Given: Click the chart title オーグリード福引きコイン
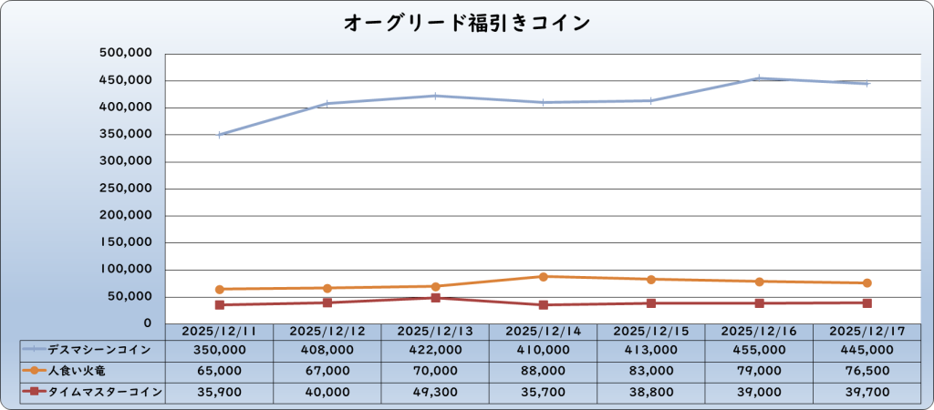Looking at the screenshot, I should (x=466, y=23).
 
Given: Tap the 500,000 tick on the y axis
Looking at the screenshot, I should (x=124, y=53).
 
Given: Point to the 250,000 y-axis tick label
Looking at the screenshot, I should (x=124, y=189).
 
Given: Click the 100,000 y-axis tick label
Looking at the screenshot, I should (x=124, y=270).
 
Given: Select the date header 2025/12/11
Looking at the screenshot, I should (x=219, y=331).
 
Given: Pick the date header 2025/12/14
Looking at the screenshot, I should (x=543, y=331).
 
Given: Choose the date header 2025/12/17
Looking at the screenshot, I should (x=867, y=331).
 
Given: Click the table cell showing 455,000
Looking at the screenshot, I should (x=759, y=349).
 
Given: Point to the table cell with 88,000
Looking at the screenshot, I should (x=543, y=371).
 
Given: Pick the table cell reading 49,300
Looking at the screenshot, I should (x=435, y=392).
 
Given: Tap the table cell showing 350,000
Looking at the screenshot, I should (x=219, y=349).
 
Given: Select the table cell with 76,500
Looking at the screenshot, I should (x=867, y=371).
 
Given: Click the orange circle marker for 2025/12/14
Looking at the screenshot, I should (x=543, y=276).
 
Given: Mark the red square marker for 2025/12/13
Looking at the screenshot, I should (x=435, y=298).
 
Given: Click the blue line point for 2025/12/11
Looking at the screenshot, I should (x=219, y=135).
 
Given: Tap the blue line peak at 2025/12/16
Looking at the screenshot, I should (x=759, y=78).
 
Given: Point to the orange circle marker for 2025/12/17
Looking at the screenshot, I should (x=867, y=282).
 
